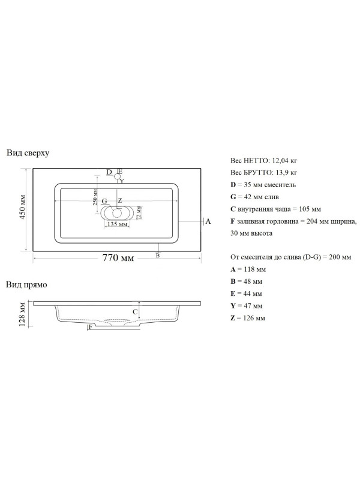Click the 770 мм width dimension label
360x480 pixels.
tap(118, 258)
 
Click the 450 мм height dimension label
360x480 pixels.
tap(22, 206)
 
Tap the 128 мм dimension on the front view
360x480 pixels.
tap(22, 314)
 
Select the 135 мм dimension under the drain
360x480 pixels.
tap(117, 224)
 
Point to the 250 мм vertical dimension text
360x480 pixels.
tap(95, 197)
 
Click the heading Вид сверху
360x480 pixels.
tap(28, 153)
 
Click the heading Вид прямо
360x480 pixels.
tap(26, 284)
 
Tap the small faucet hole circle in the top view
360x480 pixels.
tap(117, 176)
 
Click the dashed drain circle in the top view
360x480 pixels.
tap(116, 213)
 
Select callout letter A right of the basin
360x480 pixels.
tap(208, 221)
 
